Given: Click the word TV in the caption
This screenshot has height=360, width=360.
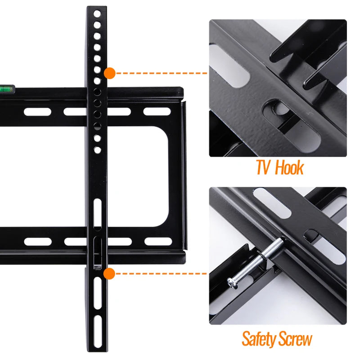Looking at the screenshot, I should coord(264,168).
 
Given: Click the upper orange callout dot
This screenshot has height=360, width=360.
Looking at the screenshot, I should coord(109,73).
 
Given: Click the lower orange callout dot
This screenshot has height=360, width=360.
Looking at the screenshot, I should coord(109,273).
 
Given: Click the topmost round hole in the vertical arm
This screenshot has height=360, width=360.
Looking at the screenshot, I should coord(97,14).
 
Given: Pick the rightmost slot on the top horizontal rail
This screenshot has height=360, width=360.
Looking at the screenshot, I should coord(157,111).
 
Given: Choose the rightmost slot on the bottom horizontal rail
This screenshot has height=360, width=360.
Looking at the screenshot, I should coord(158,242).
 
